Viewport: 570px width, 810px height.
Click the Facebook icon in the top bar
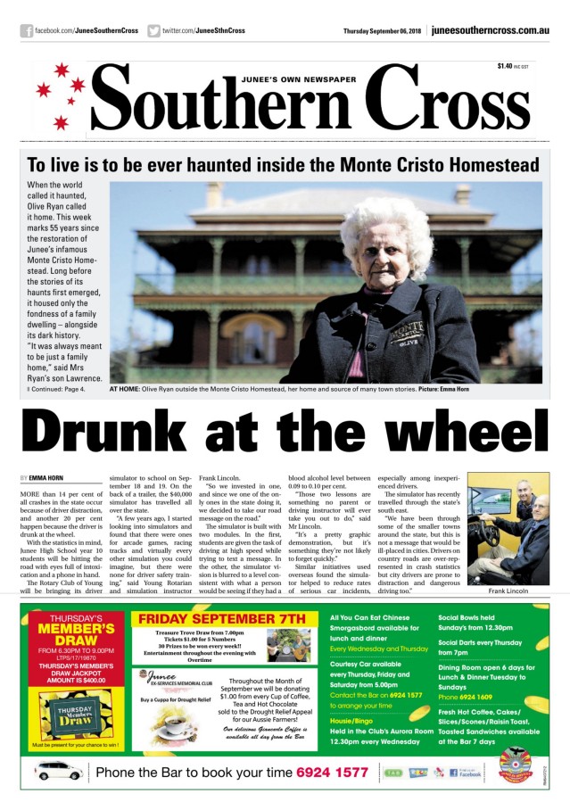pyautogui.click(x=26, y=31)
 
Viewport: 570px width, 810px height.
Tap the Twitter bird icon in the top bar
pyautogui.click(x=154, y=31)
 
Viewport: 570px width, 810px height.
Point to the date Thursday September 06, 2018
pyautogui.click(x=382, y=31)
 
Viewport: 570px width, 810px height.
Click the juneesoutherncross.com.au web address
pyautogui.click(x=490, y=31)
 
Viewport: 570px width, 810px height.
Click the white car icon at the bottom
pyautogui.click(x=57, y=771)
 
